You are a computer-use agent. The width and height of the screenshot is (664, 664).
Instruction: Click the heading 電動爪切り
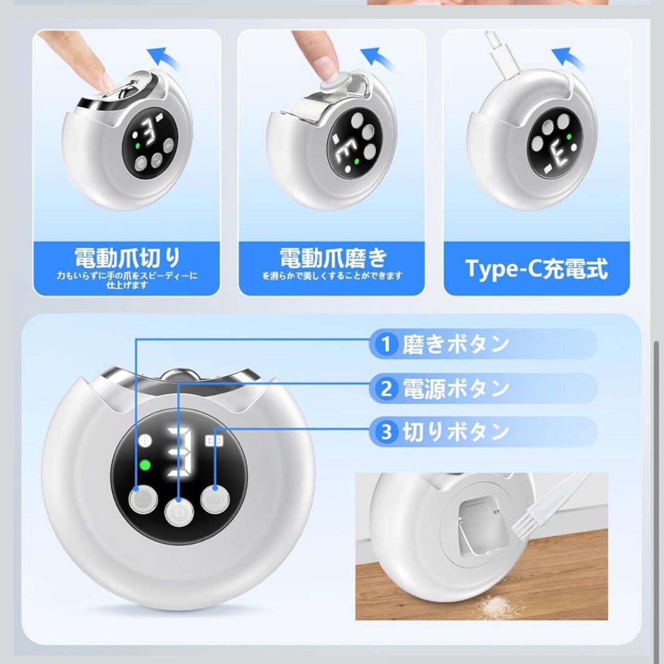coord(127,258)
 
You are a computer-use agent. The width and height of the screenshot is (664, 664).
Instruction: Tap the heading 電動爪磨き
coord(333,258)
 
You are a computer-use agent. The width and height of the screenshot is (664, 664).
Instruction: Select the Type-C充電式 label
coord(537,269)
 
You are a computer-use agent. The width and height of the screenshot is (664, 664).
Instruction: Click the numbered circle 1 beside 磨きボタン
coord(386,344)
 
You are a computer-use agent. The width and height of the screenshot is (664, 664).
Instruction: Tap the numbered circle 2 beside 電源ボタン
coord(386,388)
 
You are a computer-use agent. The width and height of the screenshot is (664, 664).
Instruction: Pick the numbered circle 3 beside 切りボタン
coord(386,432)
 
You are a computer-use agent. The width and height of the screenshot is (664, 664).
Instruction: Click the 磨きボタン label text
coord(455,344)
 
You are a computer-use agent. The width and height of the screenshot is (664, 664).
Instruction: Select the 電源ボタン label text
coord(455,388)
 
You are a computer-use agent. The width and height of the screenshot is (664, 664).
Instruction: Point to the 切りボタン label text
coord(455,432)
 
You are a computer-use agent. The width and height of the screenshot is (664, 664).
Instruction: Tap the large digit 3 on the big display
coord(179,452)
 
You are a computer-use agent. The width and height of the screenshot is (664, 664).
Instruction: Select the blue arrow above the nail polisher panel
coord(377,57)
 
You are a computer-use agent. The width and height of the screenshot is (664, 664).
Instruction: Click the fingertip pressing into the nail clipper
coord(103,80)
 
